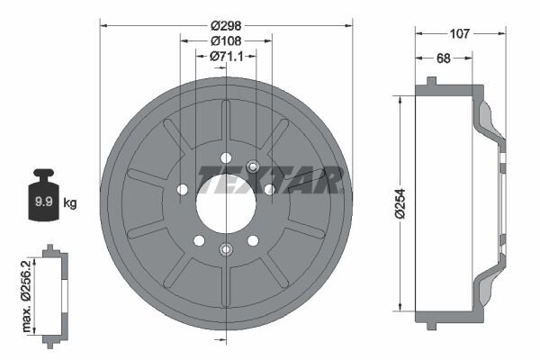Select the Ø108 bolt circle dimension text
226,40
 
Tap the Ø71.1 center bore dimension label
226,56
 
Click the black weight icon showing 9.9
43,196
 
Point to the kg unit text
70,203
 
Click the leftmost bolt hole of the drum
184,189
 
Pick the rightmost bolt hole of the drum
268,189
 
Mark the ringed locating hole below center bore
225,249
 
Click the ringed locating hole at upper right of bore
253,166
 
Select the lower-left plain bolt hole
200,239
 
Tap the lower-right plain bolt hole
252,239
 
